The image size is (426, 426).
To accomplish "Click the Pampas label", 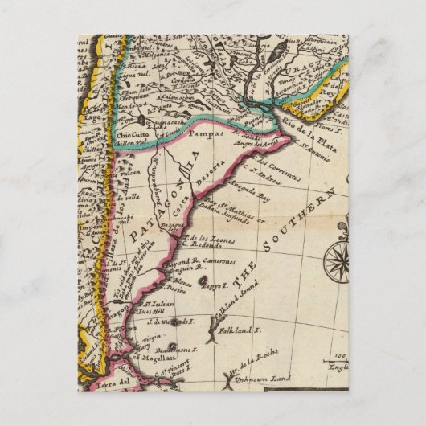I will click(208, 136).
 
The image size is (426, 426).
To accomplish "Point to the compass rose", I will click(337, 264).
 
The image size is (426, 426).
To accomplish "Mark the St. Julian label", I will click(162, 304).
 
